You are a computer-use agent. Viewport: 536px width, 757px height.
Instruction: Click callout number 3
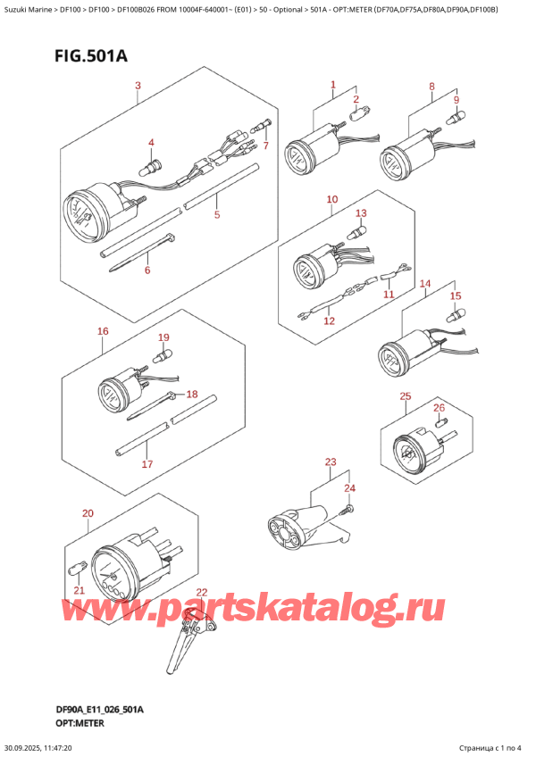click(x=138, y=86)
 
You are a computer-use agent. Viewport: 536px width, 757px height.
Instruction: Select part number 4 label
click(x=151, y=143)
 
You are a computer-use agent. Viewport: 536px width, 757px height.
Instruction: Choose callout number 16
click(x=103, y=331)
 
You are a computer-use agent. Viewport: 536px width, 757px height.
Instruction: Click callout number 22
click(x=201, y=592)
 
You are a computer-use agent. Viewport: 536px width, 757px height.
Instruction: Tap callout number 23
click(x=331, y=462)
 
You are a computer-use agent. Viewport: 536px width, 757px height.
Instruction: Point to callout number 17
click(x=147, y=464)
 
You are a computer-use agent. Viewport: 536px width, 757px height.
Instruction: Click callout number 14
click(x=425, y=284)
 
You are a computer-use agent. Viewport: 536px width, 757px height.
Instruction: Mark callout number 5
click(x=216, y=215)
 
